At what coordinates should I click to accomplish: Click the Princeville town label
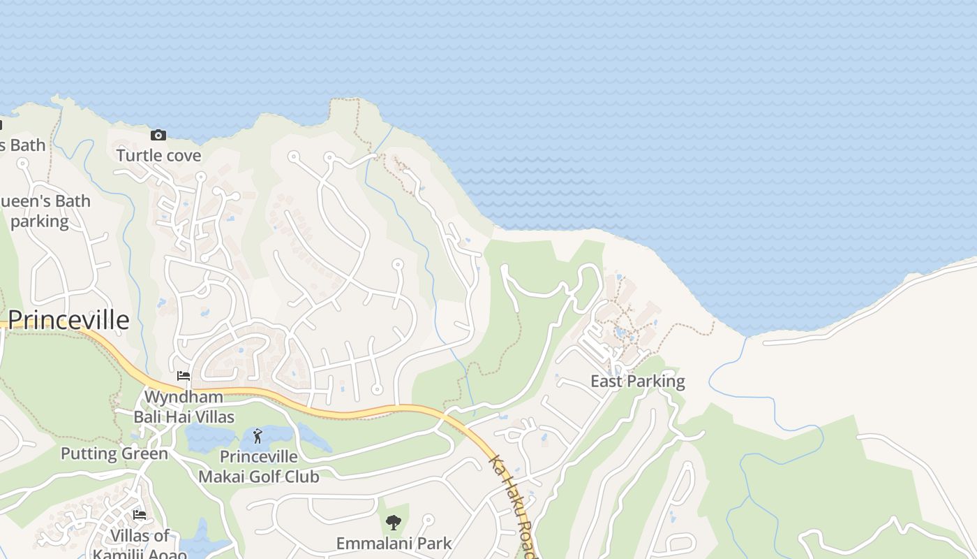click(69, 320)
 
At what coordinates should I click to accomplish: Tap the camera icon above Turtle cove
click(158, 135)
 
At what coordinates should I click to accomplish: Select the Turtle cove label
click(158, 155)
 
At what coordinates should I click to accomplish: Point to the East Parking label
click(638, 382)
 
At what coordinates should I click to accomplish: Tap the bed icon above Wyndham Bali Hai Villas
click(184, 376)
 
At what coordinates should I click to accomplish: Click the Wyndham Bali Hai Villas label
click(184, 407)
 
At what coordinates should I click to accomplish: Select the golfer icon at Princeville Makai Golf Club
click(258, 437)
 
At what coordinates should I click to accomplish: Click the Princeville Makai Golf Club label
click(259, 467)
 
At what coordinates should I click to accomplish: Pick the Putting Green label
click(114, 453)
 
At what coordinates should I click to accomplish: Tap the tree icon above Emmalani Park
click(394, 522)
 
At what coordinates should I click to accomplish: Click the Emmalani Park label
click(394, 543)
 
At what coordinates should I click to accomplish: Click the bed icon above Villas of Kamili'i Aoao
click(140, 515)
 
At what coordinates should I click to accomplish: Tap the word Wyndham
click(184, 397)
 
